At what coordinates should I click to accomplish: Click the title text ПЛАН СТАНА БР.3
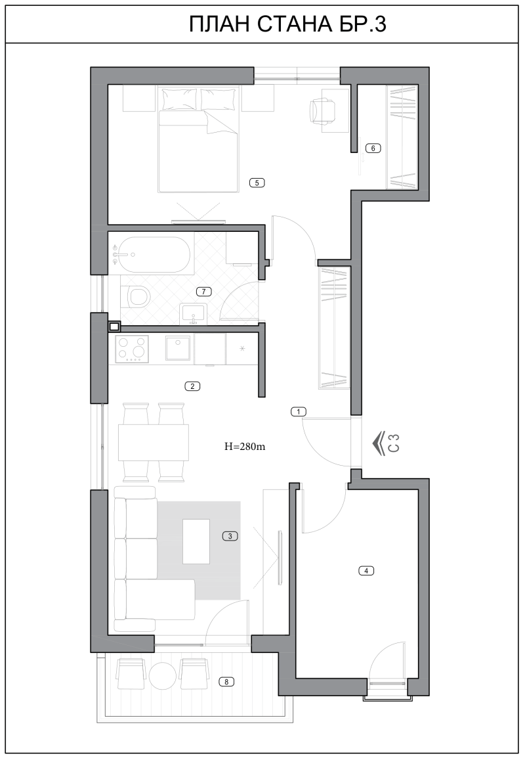click(287, 24)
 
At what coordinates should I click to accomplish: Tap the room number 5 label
click(257, 183)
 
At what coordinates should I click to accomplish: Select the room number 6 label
click(373, 148)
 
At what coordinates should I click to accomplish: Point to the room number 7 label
click(204, 291)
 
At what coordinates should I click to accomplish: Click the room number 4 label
click(366, 570)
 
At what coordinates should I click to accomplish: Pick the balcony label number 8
click(226, 681)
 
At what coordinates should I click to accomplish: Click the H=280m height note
click(245, 447)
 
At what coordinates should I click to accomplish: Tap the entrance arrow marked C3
click(386, 443)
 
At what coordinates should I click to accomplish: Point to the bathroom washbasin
click(194, 313)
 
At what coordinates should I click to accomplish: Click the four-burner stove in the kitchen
click(132, 349)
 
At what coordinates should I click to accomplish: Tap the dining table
click(154, 442)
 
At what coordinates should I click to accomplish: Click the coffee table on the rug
click(196, 541)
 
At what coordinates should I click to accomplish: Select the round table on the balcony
click(161, 675)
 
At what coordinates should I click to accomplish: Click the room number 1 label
click(299, 411)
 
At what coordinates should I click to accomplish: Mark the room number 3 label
click(230, 536)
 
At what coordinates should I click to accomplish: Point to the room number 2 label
click(192, 386)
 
